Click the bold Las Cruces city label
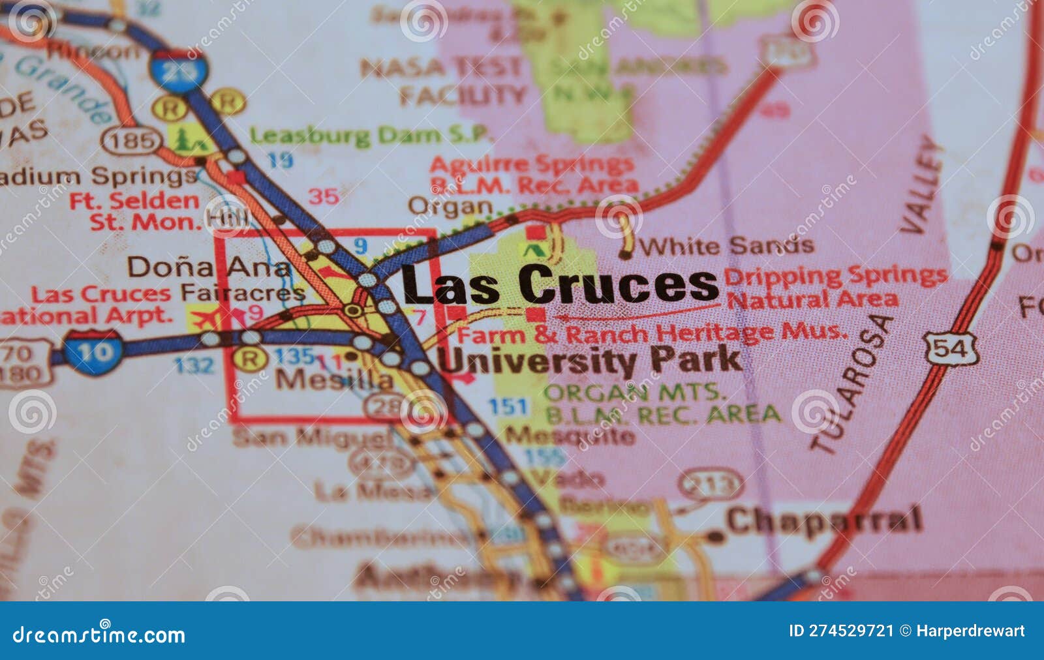coord(560,284)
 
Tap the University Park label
coord(591,361)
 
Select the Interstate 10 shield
coord(94,352)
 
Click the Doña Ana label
coord(209,267)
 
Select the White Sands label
coord(726,246)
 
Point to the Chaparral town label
coord(824,520)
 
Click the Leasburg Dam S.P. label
coord(371,136)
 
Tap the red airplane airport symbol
coord(204,320)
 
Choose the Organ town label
coord(450,206)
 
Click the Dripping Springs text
coord(835,275)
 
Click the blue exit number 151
coord(508,407)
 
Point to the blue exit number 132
coord(194,365)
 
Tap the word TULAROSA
coord(851,385)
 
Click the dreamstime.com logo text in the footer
coord(99,635)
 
